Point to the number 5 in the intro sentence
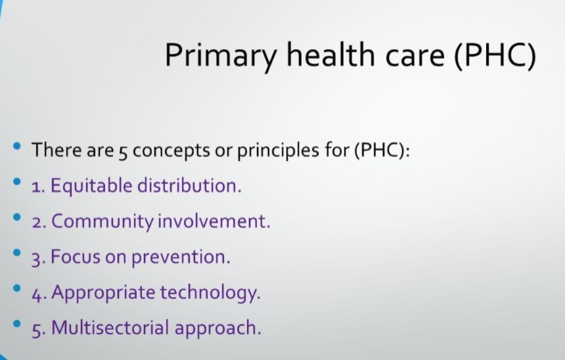point(123,153)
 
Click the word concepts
point(171,151)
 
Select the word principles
point(278,150)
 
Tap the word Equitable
point(91,187)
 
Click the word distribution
point(189,186)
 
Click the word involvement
point(214,221)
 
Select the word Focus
point(76,257)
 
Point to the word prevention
point(181,258)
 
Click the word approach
point(217,329)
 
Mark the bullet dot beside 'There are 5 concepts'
point(16,146)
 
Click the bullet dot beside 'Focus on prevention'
point(16,253)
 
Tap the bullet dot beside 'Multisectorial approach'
point(16,324)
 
